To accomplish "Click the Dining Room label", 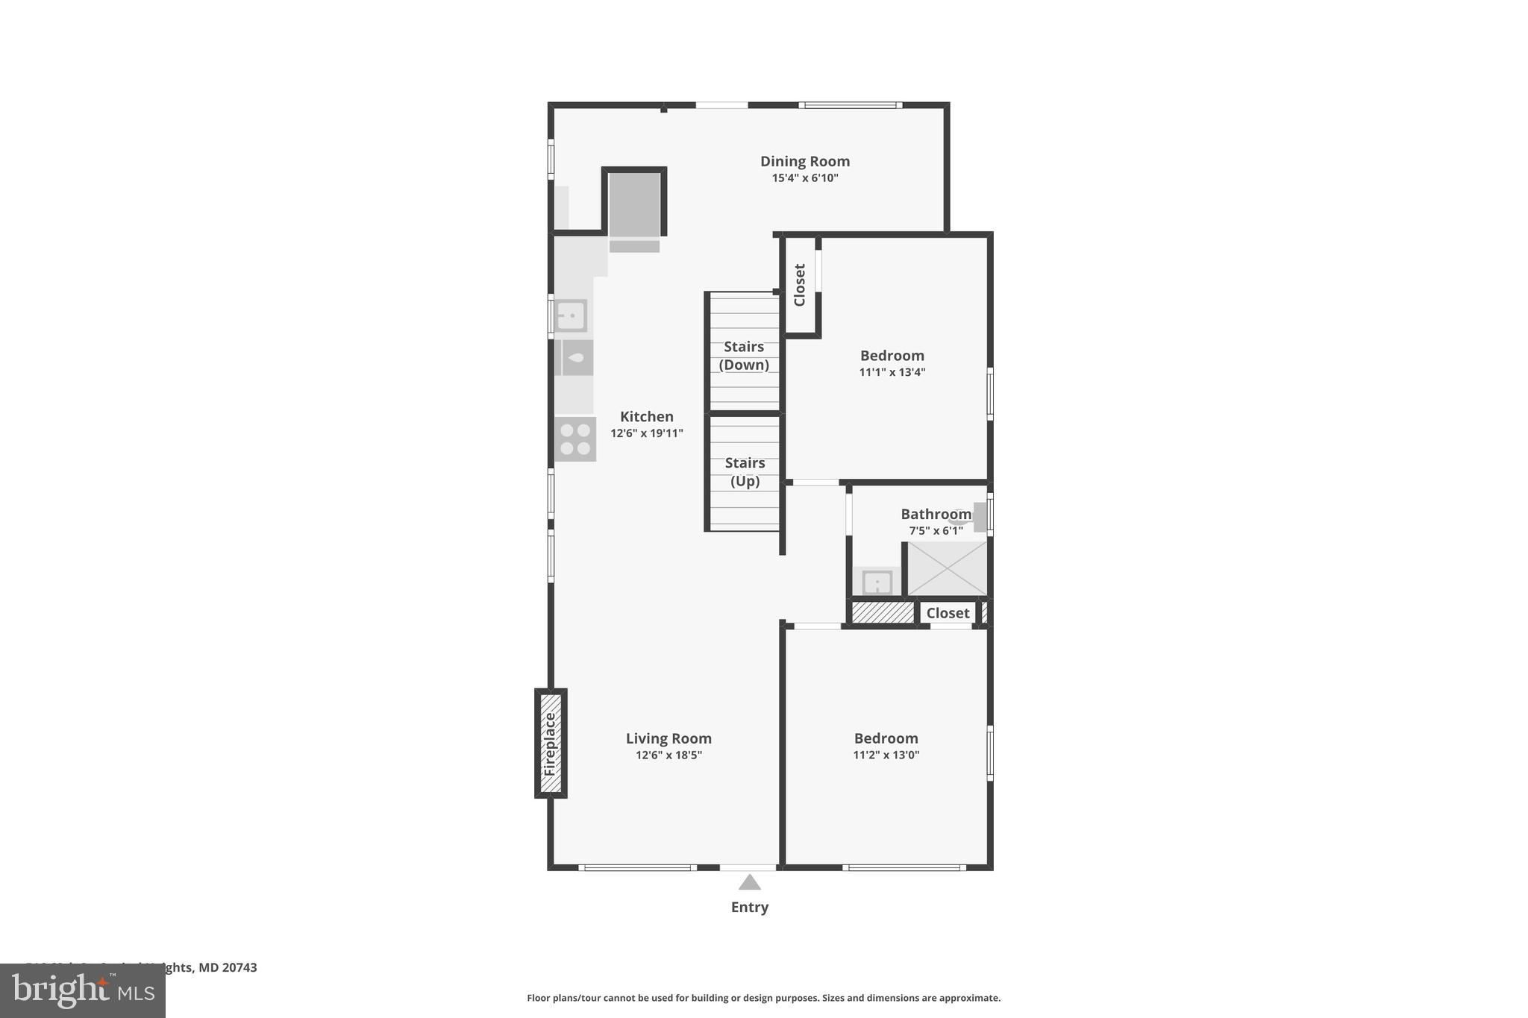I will tap(804, 161).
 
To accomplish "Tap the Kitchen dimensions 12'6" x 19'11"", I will tap(646, 433).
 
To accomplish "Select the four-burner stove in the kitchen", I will tap(574, 439).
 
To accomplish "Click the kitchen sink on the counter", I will tap(571, 315).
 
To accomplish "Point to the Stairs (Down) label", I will tap(743, 355).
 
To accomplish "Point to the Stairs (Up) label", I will tap(745, 471).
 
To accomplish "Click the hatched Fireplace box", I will tap(551, 743).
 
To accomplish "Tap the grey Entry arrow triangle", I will tap(749, 883).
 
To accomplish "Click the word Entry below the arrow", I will tap(749, 907).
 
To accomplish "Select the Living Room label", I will tap(668, 738).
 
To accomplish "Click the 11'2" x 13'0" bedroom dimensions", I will tap(886, 755).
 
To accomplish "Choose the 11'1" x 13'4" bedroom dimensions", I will tap(892, 372).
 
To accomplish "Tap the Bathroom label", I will tap(935, 514).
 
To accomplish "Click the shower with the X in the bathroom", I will tap(947, 568).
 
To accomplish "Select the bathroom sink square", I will tap(877, 582).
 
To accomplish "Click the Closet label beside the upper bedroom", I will tap(800, 285).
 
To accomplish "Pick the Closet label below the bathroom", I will tap(947, 613).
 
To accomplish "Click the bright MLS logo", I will tap(82, 991).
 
